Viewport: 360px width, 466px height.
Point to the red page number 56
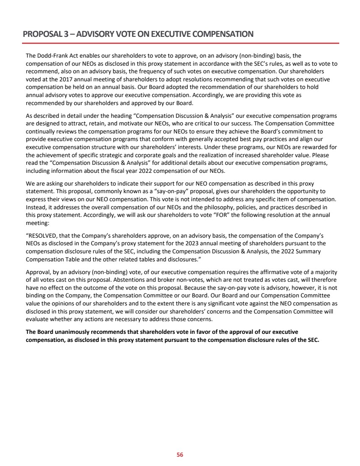tap(180, 455)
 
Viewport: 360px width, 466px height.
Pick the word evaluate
tap(37, 319)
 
